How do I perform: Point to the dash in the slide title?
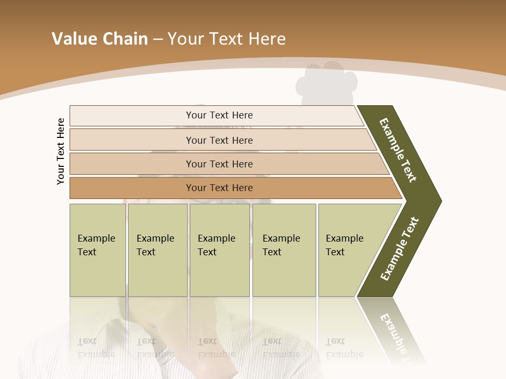coord(158,39)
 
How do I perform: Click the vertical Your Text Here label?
coord(61,151)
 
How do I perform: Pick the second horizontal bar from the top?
coord(219,140)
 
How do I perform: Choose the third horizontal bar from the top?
coord(219,164)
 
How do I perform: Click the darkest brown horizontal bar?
coord(219,188)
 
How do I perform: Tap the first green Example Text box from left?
coord(98,250)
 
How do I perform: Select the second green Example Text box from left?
coord(158,250)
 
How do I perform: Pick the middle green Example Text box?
coord(219,250)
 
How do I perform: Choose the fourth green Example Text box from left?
coord(284,250)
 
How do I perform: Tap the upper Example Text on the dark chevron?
coord(398,150)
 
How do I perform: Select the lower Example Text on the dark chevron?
coord(400,248)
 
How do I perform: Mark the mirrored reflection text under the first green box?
coord(96,347)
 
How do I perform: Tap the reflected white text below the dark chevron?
coord(398,337)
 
